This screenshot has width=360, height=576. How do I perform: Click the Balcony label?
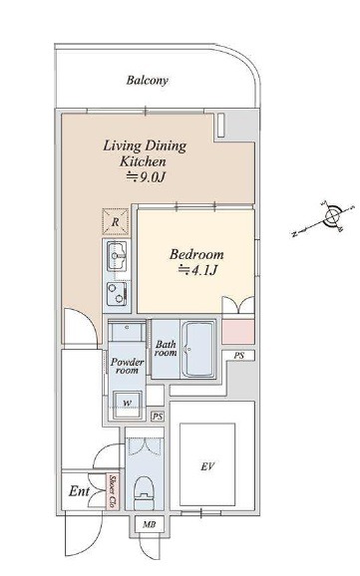point(147,81)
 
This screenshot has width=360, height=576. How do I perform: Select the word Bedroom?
point(196,254)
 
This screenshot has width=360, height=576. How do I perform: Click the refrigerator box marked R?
point(116,222)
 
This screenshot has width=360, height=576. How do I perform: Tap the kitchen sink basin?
point(117,256)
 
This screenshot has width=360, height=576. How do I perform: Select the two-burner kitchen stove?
point(117,294)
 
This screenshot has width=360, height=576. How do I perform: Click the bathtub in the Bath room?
point(198,350)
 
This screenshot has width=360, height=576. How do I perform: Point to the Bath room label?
point(166,349)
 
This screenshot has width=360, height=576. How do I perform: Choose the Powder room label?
point(128,367)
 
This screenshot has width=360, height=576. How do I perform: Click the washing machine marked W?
point(127,405)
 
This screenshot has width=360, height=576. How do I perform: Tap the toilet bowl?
point(145,493)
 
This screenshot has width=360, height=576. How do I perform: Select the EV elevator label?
point(207,467)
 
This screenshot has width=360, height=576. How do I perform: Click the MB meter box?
point(149,524)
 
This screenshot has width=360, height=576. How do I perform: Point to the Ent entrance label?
point(79,491)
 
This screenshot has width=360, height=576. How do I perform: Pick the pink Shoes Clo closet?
point(113,491)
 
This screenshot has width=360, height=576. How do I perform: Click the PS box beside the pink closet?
point(238,356)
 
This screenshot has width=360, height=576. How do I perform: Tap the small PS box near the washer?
point(158,417)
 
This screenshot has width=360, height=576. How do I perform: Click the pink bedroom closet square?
point(238,332)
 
